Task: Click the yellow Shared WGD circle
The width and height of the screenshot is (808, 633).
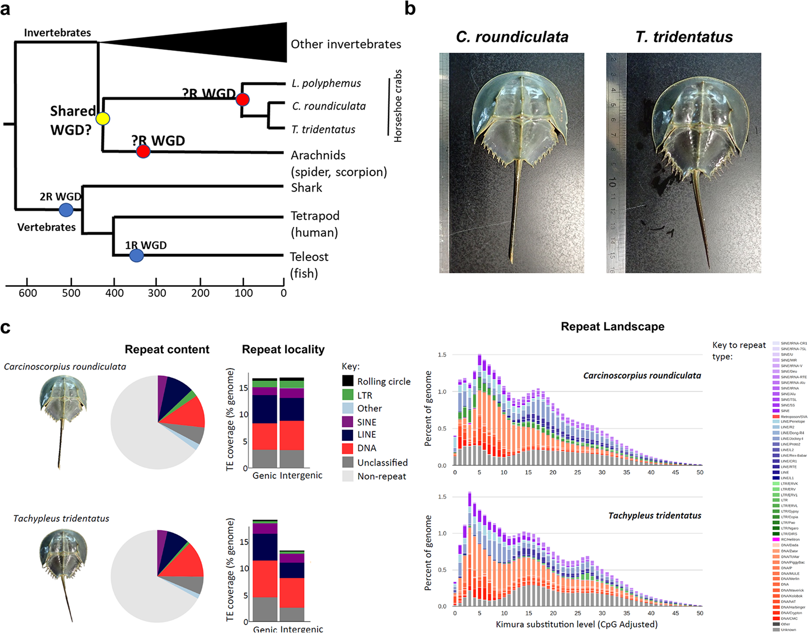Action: click(103, 118)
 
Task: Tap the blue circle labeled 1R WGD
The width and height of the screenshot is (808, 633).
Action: click(137, 255)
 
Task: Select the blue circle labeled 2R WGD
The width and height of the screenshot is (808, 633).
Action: click(66, 210)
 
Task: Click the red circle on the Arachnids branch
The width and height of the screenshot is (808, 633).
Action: click(143, 151)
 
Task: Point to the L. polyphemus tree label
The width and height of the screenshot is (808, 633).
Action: click(326, 83)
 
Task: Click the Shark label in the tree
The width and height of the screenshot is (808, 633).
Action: click(306, 188)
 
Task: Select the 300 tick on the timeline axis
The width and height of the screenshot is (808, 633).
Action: click(157, 293)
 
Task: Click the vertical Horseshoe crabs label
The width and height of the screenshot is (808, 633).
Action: click(398, 106)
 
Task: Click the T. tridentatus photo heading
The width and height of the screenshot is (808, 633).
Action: click(684, 37)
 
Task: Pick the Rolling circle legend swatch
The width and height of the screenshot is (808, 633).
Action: click(348, 381)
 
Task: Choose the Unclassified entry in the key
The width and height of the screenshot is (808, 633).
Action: click(382, 463)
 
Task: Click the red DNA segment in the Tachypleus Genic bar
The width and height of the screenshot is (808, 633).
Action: click(265, 578)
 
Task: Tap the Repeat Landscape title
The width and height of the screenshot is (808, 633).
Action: click(612, 327)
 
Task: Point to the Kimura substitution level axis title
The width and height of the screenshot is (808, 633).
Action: click(576, 624)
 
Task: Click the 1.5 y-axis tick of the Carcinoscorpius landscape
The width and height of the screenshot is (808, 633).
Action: click(442, 355)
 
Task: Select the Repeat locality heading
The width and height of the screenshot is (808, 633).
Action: click(283, 349)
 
